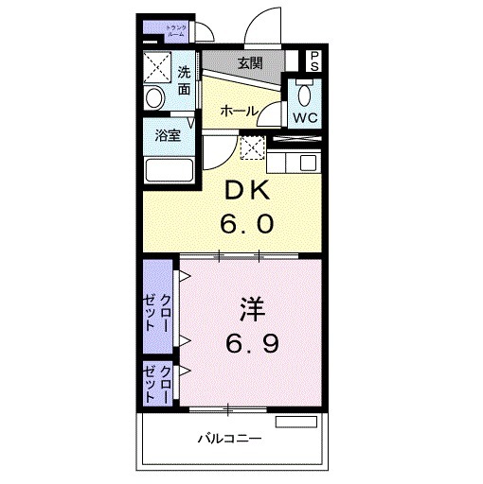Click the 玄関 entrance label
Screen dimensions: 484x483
pyautogui.click(x=250, y=63)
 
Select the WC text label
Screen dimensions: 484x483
pyautogui.click(x=303, y=119)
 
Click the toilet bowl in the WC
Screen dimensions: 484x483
pyautogui.click(x=303, y=95)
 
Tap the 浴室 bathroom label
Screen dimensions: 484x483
pyautogui.click(x=169, y=135)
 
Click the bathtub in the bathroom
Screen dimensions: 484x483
pyautogui.click(x=170, y=171)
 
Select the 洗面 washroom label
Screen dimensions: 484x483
pyautogui.click(x=183, y=80)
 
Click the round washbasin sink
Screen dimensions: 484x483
pyautogui.click(x=155, y=98)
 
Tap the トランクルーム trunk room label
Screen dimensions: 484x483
pyautogui.click(x=176, y=32)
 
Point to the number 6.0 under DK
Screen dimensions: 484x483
pyautogui.click(x=249, y=224)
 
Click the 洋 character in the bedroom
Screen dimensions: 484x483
pyautogui.click(x=250, y=308)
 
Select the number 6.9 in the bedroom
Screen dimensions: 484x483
pyautogui.click(x=251, y=343)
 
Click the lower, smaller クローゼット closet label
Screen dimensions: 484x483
pyautogui.click(x=158, y=382)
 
